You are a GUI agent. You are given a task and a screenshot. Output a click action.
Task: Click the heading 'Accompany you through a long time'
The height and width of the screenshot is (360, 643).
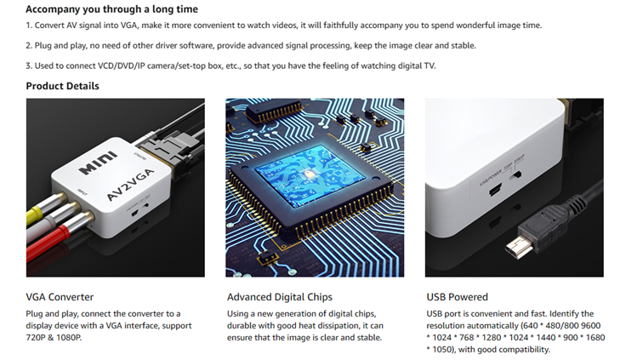(111, 9)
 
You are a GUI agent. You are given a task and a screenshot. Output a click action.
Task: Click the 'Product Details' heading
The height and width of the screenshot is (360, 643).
(62, 86)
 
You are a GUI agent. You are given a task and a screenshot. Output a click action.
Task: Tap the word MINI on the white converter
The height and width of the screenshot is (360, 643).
(98, 163)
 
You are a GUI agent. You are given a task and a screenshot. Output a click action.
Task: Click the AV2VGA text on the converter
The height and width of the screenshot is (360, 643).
(130, 185)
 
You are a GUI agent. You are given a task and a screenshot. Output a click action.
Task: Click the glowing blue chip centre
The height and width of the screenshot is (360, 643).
(309, 175)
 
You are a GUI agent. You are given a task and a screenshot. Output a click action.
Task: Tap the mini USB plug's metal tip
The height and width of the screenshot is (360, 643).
(519, 246)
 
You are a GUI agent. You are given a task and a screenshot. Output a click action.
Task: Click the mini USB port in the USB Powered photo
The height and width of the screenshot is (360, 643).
(495, 191)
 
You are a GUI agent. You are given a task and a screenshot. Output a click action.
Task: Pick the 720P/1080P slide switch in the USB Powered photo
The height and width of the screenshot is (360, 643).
(516, 174)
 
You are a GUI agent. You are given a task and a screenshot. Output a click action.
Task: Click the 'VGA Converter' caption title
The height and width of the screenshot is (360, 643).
(60, 297)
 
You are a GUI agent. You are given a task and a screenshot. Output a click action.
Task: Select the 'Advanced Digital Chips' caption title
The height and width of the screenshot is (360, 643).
(280, 297)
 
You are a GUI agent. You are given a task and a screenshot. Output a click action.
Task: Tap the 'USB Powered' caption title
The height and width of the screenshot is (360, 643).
(457, 297)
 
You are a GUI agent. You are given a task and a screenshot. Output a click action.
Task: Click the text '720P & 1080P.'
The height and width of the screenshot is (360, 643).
(54, 337)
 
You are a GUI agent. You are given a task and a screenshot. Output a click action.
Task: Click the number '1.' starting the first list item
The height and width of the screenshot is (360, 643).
(29, 26)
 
